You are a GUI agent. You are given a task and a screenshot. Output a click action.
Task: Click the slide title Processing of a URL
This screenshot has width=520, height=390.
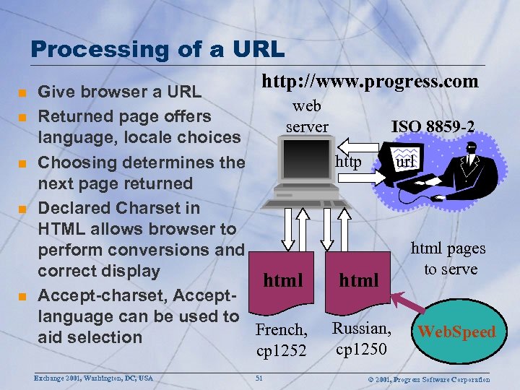[157, 49]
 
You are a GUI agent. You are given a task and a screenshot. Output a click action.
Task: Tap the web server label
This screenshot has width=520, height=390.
[307, 116]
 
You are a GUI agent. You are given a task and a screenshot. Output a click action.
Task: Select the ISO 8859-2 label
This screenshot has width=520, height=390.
[433, 126]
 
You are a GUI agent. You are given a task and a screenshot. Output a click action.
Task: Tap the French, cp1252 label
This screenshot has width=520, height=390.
[282, 340]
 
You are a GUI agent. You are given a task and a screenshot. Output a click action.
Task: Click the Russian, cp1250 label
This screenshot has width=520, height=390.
[361, 338]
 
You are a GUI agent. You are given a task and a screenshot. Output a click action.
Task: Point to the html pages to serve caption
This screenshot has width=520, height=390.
[448, 259]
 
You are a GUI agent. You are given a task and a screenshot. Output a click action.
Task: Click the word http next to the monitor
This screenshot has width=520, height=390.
[348, 161]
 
